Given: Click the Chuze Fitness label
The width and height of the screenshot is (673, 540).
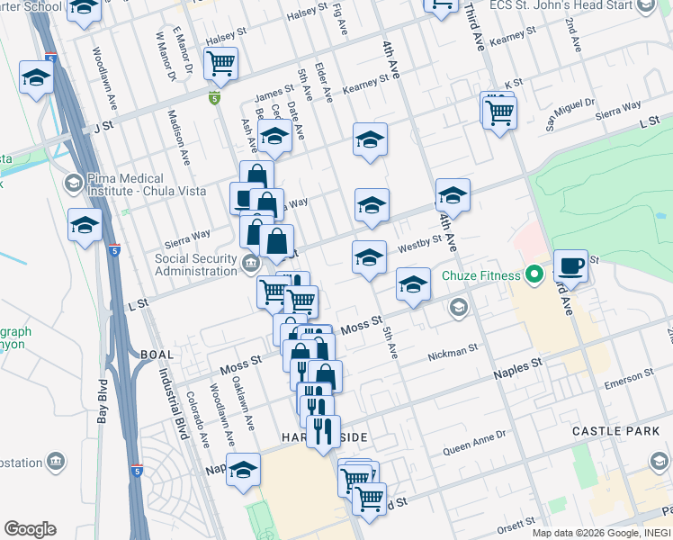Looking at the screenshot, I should (480, 275).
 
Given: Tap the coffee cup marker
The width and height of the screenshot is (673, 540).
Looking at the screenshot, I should (570, 266).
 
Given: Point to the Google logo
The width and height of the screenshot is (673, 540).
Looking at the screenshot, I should (30, 529).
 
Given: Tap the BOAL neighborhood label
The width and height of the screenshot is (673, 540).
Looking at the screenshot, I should (157, 355).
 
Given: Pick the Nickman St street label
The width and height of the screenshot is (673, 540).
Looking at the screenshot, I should (452, 351).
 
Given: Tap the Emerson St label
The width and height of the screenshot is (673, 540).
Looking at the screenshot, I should (629, 378).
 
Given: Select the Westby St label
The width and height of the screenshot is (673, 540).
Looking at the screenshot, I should (419, 244).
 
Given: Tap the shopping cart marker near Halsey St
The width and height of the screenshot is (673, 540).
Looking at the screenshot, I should (220, 64).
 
